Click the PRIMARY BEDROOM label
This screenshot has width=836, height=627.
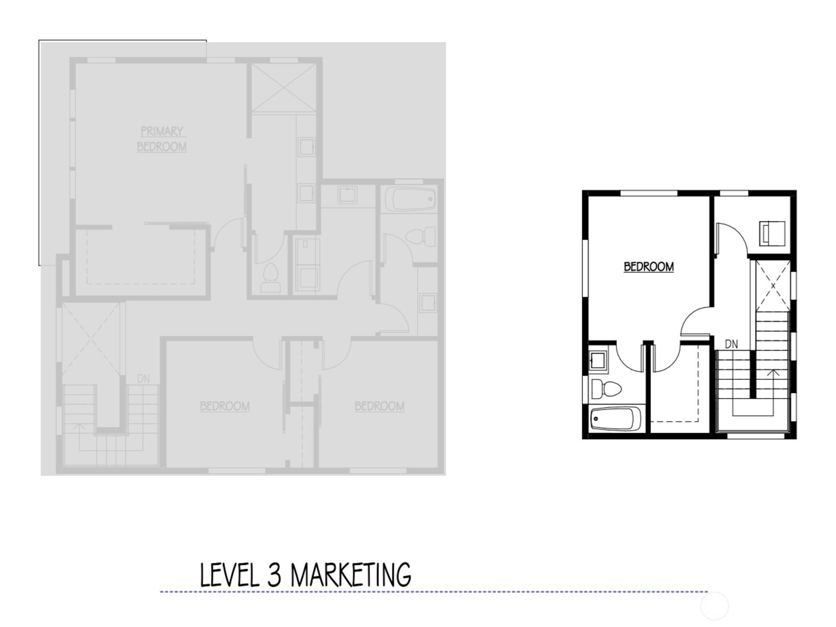161,139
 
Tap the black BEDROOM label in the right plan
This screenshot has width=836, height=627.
648,266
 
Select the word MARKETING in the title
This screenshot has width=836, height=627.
350,575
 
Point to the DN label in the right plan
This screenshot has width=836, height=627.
731,344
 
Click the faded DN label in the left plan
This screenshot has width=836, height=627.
143,378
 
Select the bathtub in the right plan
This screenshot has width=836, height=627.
616,419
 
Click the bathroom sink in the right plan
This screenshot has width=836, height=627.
597,360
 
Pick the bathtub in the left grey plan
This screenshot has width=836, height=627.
410,199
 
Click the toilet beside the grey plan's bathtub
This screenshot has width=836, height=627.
421,237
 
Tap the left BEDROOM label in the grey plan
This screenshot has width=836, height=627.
225,406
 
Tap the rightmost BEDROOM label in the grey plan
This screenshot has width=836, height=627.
379,406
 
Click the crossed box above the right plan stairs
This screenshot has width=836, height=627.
773,286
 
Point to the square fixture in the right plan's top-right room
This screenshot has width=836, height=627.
773,233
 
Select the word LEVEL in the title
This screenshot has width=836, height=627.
230,575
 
